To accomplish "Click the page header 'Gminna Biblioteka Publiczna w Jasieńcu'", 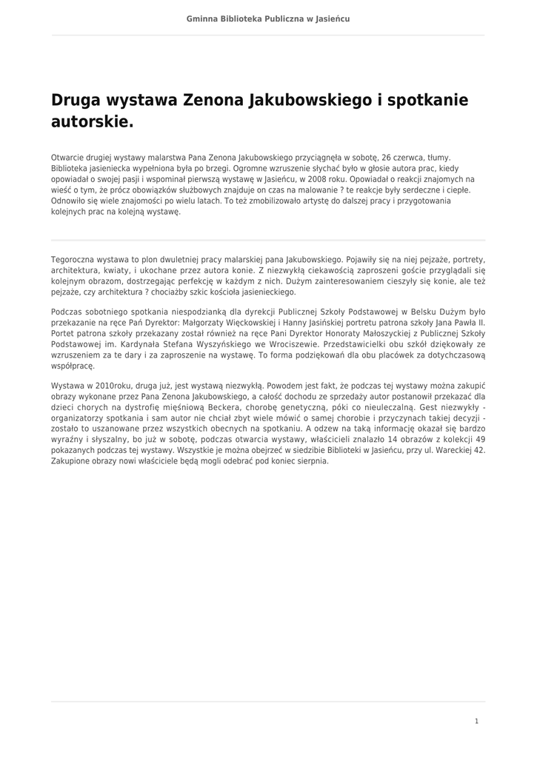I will pos(268,19).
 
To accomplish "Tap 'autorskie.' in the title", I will pos(92,121).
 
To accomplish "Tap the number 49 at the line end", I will pos(480,438).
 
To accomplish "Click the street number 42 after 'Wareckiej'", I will pos(479,449).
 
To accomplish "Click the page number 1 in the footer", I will pos(476,721).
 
